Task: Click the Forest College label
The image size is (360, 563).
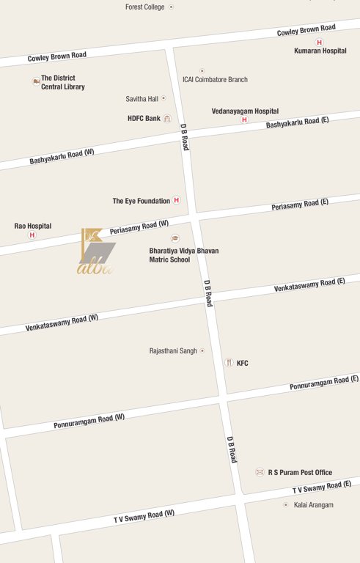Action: pos(144,7)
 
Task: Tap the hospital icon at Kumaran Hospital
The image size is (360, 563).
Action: pos(319,43)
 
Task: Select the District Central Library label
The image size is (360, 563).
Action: pos(62,82)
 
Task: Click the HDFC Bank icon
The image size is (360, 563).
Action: pos(167,119)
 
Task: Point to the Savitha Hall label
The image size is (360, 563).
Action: pos(142,98)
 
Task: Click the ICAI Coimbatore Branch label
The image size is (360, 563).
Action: pos(215,79)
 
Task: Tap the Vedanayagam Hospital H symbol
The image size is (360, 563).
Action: pos(244,119)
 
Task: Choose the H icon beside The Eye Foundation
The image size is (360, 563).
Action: pos(176,200)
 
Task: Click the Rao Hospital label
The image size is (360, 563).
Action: pos(33,226)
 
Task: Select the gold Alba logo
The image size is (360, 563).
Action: pos(97,251)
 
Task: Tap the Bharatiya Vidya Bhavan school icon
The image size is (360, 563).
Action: pos(175,239)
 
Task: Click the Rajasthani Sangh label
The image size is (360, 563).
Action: pos(173,350)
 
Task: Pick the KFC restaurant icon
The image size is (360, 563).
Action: pos(229,362)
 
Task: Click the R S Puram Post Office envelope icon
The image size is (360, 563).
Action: pos(260,472)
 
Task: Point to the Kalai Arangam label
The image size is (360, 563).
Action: pos(313,505)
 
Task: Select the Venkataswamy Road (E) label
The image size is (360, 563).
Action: pos(309,285)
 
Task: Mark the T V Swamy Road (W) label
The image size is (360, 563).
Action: pos(144,516)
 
